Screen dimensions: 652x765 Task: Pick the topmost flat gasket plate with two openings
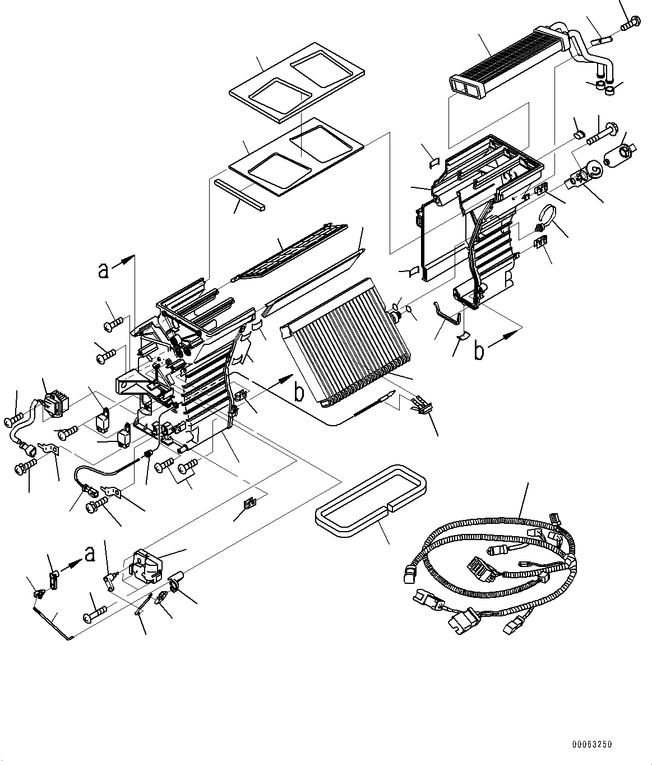tap(297, 82)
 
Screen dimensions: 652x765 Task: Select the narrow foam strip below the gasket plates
tap(240, 195)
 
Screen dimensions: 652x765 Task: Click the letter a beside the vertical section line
tap(103, 270)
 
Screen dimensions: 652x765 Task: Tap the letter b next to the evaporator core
tap(299, 392)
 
